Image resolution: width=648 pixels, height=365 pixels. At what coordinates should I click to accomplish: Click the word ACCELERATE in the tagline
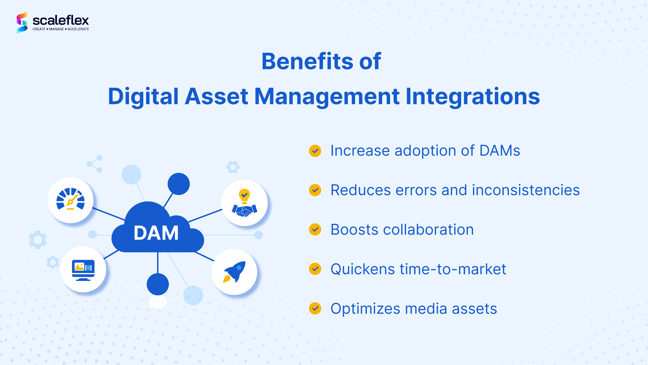[x=78, y=29]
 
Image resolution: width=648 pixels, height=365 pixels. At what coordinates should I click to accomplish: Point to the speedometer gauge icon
[x=70, y=199]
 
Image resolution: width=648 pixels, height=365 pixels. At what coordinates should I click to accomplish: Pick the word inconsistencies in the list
[x=526, y=190]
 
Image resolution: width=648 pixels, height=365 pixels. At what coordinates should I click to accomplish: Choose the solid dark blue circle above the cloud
[x=179, y=184]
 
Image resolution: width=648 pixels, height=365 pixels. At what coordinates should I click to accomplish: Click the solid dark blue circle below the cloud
[x=158, y=284]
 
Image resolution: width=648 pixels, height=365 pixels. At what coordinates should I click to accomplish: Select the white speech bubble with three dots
[x=158, y=302]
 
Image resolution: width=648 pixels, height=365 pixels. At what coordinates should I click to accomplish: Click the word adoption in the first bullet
[x=425, y=151]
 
